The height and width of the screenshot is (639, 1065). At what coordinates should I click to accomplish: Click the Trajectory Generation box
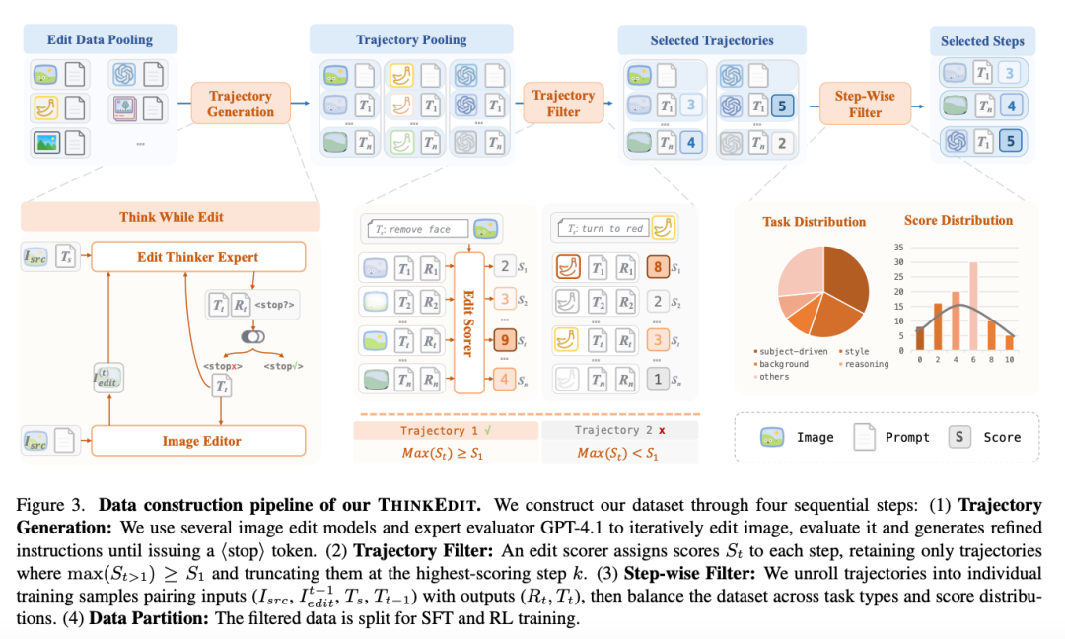point(241,104)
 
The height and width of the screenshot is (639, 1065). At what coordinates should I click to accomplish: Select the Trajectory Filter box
point(563,104)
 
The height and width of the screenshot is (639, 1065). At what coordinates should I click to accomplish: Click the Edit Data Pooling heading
point(100,40)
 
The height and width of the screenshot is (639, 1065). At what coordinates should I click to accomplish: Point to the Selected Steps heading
point(981,41)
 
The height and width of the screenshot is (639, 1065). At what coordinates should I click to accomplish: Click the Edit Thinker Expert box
point(196,257)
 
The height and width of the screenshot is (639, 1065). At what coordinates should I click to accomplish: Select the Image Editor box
point(201,441)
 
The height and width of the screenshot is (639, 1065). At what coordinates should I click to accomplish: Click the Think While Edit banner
point(171,217)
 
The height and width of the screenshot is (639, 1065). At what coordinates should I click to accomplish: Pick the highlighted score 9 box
point(504,340)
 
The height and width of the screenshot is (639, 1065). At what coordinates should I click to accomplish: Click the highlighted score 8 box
point(656,265)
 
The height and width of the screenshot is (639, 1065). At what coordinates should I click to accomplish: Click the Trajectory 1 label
point(446,430)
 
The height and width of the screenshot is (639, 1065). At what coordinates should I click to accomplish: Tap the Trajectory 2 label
point(620,430)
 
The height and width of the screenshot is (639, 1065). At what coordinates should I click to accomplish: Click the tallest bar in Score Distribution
point(973,306)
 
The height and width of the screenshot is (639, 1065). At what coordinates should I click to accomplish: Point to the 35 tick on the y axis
point(898,247)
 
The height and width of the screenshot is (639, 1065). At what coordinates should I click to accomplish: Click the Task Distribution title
point(815,222)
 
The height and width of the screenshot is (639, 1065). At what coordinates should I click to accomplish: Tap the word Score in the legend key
point(1002,437)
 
